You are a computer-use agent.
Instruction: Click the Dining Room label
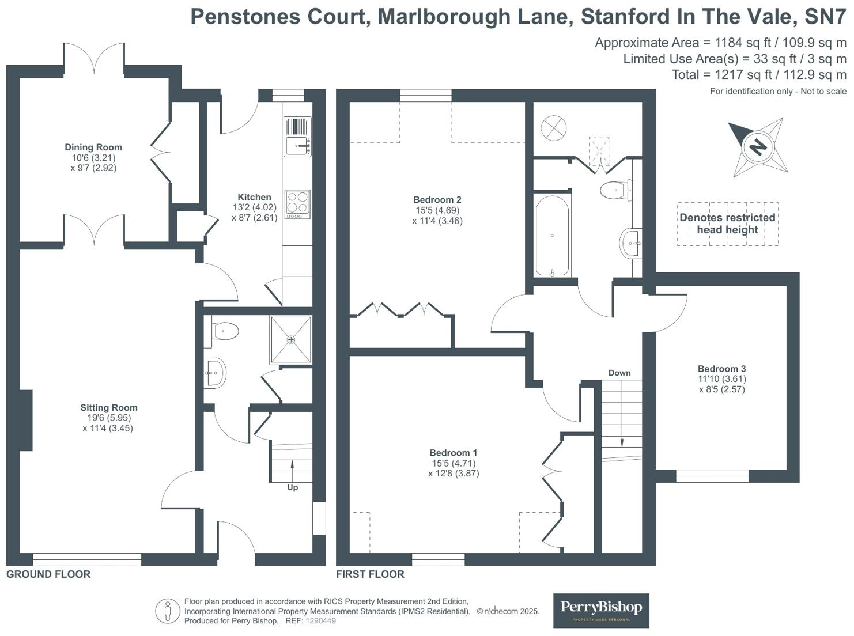(x=93, y=147)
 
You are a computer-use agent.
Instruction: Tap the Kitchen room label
(x=254, y=197)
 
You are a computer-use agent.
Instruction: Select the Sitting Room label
(x=109, y=408)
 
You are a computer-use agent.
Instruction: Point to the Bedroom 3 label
(x=721, y=369)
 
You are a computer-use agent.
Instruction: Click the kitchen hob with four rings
(x=297, y=204)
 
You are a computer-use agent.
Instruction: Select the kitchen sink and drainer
(x=297, y=137)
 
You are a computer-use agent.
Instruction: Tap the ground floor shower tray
(x=291, y=340)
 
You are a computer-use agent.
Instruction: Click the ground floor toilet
(x=225, y=331)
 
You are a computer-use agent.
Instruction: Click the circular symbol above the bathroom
(x=554, y=128)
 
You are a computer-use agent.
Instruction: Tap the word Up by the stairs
(x=293, y=487)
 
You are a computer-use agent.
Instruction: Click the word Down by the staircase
(x=619, y=373)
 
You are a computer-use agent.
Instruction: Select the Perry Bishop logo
(x=601, y=610)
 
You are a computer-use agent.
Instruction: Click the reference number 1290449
(x=320, y=621)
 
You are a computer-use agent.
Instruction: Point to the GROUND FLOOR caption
(x=48, y=574)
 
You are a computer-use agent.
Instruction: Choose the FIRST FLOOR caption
(x=370, y=574)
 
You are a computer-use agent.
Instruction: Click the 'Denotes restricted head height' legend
(x=727, y=224)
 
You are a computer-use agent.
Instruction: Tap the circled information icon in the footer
(x=168, y=611)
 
